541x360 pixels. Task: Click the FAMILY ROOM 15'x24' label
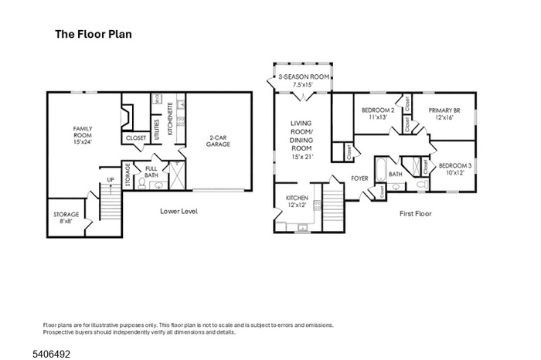(83, 135)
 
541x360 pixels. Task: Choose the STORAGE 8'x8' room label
(66, 218)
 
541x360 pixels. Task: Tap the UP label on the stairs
(111, 180)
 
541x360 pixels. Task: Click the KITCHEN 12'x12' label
(297, 201)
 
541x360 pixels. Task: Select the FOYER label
(359, 178)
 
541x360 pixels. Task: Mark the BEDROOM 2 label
(378, 114)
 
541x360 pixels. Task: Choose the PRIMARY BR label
(444, 114)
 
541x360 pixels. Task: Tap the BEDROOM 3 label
(454, 169)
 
